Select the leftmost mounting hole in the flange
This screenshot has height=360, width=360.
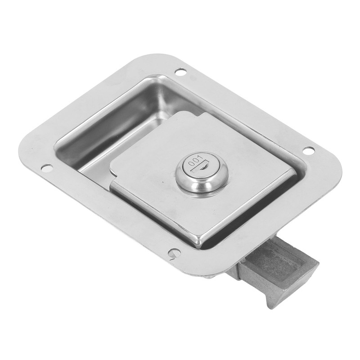[x=46, y=168]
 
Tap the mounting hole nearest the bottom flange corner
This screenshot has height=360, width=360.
[x=174, y=253]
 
